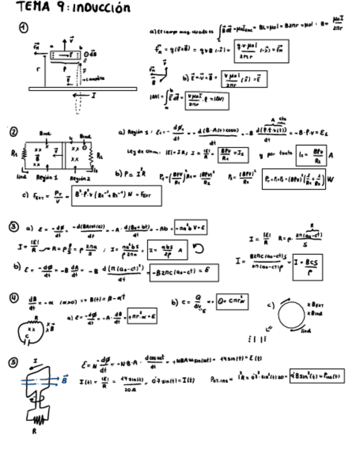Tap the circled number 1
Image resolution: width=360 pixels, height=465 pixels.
pos(24,29)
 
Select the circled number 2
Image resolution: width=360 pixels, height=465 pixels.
pos(13,132)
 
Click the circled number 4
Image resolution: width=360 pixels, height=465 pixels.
pos(14,298)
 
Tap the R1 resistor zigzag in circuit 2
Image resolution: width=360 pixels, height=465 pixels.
pos(24,155)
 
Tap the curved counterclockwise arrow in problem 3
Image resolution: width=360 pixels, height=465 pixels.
pos(198,249)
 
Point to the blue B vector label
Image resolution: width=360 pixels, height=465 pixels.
pos(65,379)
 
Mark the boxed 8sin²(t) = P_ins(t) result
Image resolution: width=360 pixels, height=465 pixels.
pos(317,376)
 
